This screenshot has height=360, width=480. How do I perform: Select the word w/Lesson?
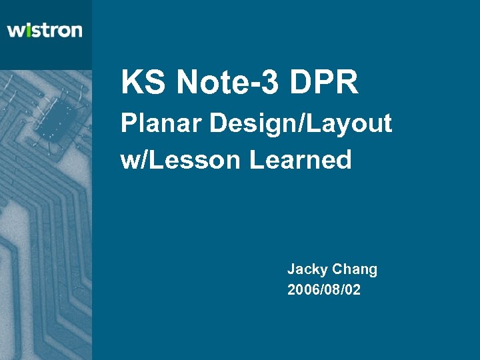(x=181, y=160)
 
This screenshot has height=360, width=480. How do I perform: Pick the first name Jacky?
(x=307, y=270)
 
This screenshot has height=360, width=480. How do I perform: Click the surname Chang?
(x=355, y=270)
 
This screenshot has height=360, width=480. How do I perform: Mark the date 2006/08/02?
(x=324, y=290)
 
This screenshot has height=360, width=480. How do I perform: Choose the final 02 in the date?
(x=353, y=290)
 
